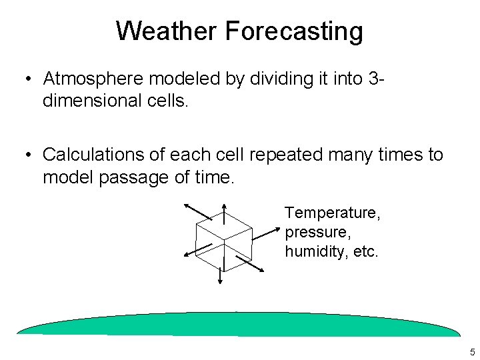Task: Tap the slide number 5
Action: pos(472,351)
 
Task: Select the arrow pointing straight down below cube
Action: pos(220,273)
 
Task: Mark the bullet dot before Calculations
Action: pos(26,155)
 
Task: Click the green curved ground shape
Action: pos(239,325)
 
